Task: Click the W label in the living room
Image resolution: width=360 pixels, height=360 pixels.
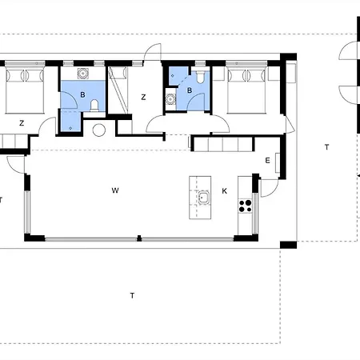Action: [x=115, y=190]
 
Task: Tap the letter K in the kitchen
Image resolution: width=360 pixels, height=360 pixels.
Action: [x=225, y=191]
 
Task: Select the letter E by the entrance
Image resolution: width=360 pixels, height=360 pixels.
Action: [x=268, y=160]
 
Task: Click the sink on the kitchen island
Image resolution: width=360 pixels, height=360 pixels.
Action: [x=203, y=198]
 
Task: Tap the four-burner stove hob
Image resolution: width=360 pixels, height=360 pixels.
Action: [x=245, y=206]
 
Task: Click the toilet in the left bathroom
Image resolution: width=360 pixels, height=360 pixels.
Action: [x=94, y=106]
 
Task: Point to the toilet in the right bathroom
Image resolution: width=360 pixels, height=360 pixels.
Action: [x=200, y=76]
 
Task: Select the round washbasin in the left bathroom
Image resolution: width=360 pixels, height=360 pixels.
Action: [x=83, y=73]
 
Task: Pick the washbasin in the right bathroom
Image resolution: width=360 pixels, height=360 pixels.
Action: [x=170, y=99]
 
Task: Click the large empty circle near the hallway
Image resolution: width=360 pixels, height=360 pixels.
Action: [x=99, y=130]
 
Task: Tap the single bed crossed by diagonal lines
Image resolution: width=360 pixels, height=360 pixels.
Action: [x=118, y=90]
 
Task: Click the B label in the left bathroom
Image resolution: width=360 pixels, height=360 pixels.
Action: [x=82, y=94]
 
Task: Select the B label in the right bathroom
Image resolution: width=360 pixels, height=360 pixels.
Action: [x=190, y=90]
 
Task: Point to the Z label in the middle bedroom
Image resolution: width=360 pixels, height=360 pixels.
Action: [x=143, y=98]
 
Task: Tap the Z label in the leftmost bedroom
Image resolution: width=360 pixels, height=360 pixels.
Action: [x=22, y=123]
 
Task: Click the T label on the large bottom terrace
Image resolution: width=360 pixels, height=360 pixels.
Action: [x=132, y=295]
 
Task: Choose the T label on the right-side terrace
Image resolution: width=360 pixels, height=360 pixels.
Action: [x=327, y=147]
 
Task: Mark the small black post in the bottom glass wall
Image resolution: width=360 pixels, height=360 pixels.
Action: [x=139, y=238]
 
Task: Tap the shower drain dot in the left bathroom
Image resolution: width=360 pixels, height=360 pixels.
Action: [x=70, y=128]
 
